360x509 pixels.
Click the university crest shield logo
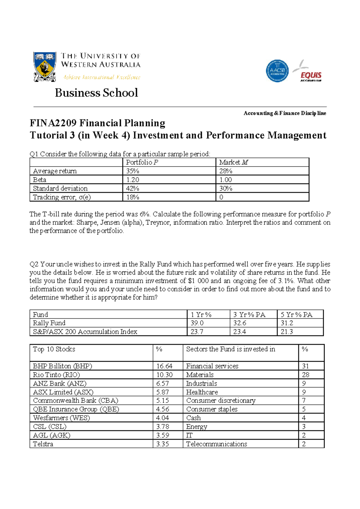click(x=45, y=67)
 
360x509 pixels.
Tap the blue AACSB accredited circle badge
click(x=277, y=71)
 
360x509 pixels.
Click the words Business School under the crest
click(x=96, y=93)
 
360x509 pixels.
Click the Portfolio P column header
click(x=142, y=162)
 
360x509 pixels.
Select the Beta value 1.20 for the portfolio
click(x=133, y=180)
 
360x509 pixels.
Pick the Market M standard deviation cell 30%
click(x=226, y=188)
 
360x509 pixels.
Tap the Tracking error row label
click(x=62, y=197)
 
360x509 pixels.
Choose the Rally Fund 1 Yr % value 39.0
click(x=197, y=323)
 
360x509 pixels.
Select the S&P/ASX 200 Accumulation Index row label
click(x=85, y=332)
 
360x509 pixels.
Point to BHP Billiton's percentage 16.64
click(x=164, y=366)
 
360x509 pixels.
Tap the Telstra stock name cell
click(x=43, y=444)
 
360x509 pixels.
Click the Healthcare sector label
click(x=202, y=392)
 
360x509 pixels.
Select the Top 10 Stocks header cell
click(x=54, y=349)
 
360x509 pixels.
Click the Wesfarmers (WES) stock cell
click(x=61, y=418)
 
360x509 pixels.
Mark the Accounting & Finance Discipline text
click(x=285, y=113)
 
